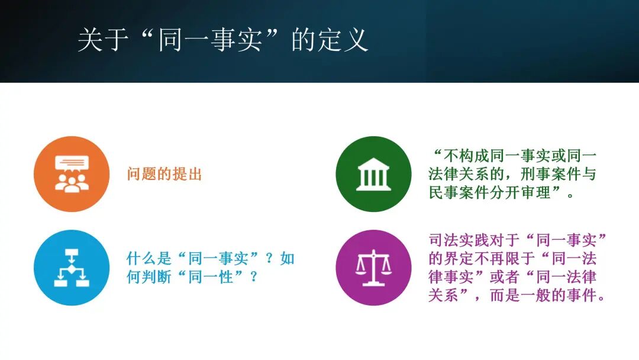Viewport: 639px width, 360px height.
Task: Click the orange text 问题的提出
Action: coord(164,174)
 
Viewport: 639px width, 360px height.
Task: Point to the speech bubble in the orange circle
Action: coord(72,163)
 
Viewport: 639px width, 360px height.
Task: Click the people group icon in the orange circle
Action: coord(72,182)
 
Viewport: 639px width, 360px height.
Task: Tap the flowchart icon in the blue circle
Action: coord(72,268)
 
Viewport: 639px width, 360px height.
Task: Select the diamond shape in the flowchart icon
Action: coord(72,269)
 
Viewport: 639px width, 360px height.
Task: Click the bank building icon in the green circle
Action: coord(373,174)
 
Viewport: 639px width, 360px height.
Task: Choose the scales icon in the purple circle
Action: coord(373,268)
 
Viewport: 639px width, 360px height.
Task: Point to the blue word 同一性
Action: coord(218,277)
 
